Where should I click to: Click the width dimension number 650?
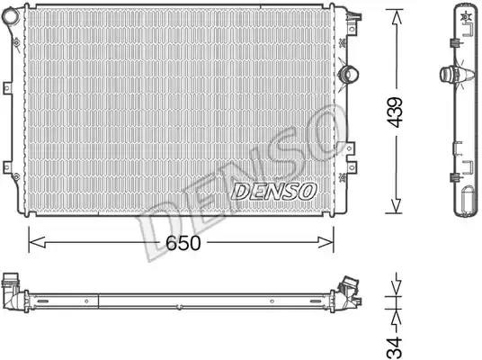click(183, 243)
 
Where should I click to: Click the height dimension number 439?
click(395, 112)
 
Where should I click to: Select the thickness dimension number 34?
click(395, 347)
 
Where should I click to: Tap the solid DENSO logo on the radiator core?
click(273, 192)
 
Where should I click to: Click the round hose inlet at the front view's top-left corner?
click(11, 16)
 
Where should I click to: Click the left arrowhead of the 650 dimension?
click(37, 242)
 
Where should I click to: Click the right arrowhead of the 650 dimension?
click(326, 242)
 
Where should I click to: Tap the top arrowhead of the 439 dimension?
click(397, 19)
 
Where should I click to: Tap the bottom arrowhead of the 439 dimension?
click(397, 204)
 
